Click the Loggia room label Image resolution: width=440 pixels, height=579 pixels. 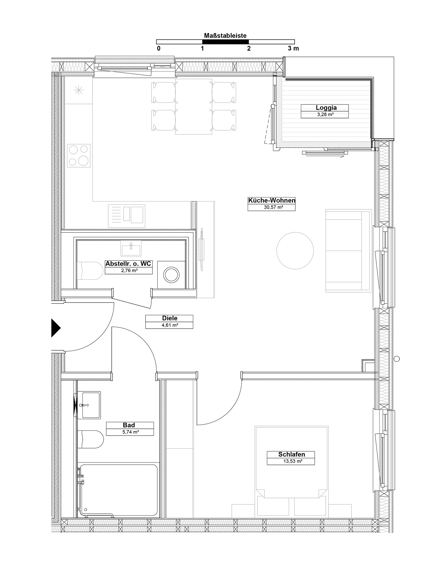(x=326, y=108)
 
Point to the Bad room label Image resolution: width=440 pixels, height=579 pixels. (x=129, y=425)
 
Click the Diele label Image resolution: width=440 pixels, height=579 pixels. (x=170, y=318)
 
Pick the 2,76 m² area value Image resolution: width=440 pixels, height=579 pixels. (x=128, y=271)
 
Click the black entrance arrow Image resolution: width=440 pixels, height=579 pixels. (x=56, y=328)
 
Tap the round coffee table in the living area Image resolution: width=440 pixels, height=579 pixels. (x=295, y=251)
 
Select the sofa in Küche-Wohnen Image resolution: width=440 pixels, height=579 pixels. (x=349, y=251)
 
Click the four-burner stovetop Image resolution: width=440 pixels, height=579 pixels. (x=79, y=155)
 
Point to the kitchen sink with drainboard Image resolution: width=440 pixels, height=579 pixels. (x=127, y=216)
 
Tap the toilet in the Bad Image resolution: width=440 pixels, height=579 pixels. (x=90, y=439)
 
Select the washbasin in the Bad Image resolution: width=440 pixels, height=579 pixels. (x=89, y=405)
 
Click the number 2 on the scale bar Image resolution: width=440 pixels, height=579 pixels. (x=249, y=49)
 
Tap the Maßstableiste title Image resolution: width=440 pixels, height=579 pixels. (x=225, y=36)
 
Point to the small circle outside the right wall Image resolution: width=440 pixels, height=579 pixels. (x=397, y=359)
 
